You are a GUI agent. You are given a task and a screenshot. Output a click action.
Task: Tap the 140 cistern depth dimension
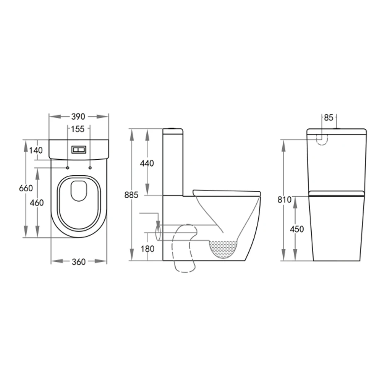[36, 150]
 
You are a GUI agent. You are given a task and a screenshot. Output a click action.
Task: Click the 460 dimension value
[37, 202]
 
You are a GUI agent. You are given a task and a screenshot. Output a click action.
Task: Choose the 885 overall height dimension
[131, 195]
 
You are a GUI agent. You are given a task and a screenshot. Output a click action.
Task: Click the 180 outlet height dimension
[147, 249]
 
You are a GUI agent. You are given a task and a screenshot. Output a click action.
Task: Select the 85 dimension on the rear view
[329, 118]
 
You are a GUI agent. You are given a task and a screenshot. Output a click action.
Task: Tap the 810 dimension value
[285, 199]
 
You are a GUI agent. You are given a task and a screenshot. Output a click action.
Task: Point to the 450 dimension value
[297, 229]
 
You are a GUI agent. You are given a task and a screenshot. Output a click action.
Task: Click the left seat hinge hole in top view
[68, 168]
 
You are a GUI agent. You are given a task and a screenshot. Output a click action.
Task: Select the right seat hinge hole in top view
[90, 168]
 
